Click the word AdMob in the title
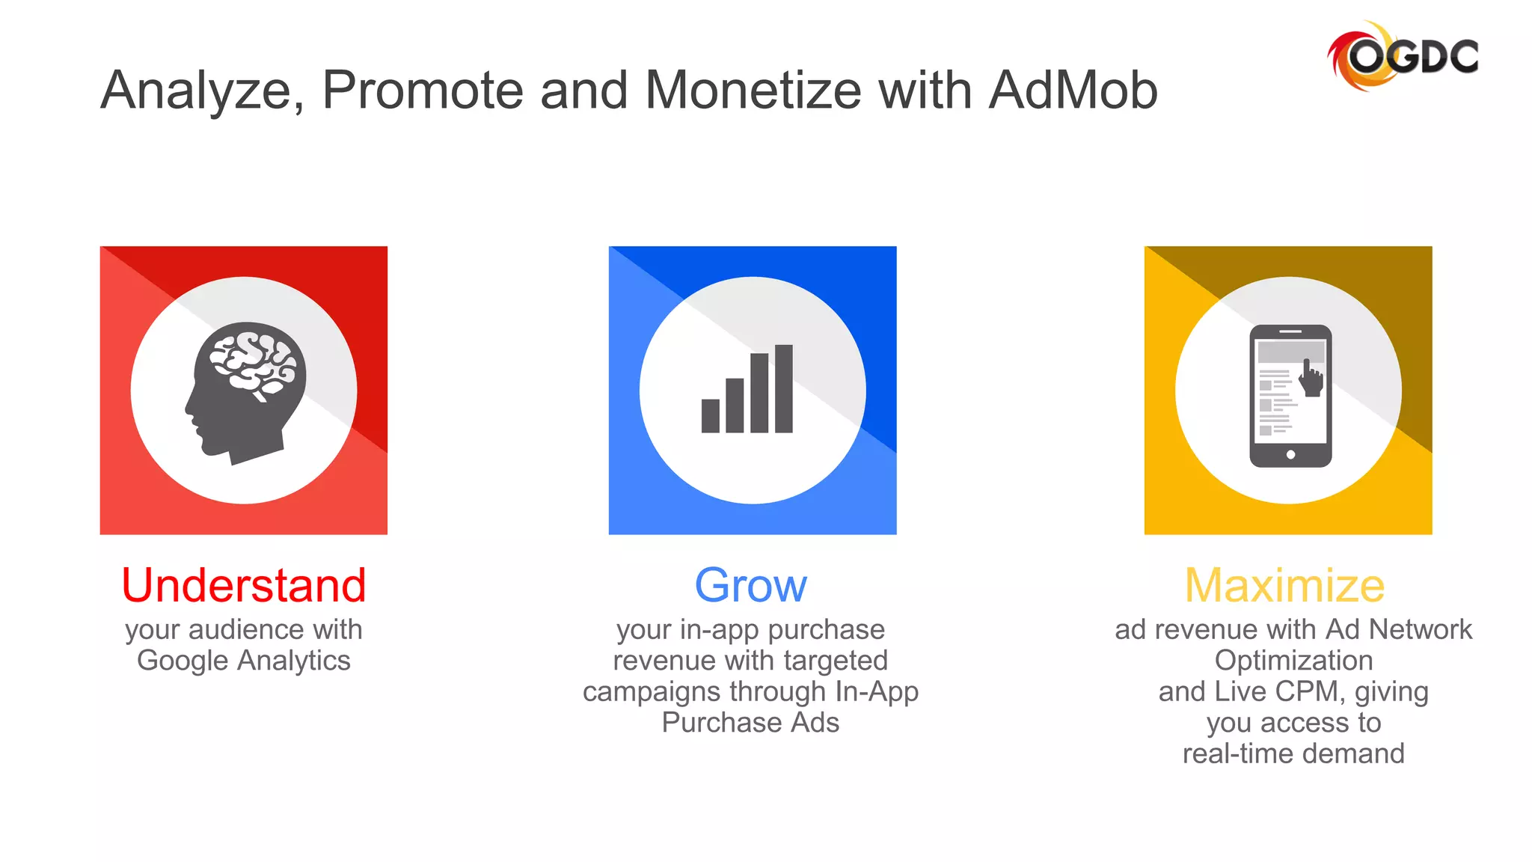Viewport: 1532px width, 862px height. (x=1073, y=91)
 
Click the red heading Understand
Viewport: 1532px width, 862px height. (x=244, y=585)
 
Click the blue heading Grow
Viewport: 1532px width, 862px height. (x=751, y=585)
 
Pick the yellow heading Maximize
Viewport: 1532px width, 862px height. (x=1285, y=585)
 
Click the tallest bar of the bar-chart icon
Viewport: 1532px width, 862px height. (x=783, y=388)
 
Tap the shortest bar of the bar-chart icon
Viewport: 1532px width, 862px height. (x=710, y=416)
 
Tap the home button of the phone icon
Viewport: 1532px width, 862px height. (x=1290, y=454)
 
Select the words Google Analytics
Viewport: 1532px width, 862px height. (x=244, y=661)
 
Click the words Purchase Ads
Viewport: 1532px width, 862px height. (x=750, y=723)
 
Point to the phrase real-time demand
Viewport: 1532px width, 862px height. (x=1293, y=754)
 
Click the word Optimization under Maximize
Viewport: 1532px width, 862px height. (x=1293, y=661)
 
